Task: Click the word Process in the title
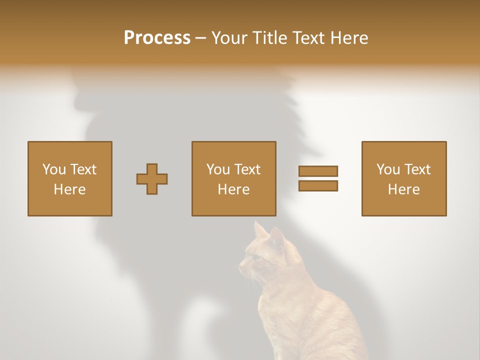[157, 38]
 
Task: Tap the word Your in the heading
[229, 38]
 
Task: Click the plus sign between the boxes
[152, 179]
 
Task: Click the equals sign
[318, 178]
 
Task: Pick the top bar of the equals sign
[318, 171]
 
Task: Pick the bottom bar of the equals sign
[318, 186]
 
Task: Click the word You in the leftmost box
[54, 169]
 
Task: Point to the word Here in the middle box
[234, 189]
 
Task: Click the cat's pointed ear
[260, 230]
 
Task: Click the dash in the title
[201, 38]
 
